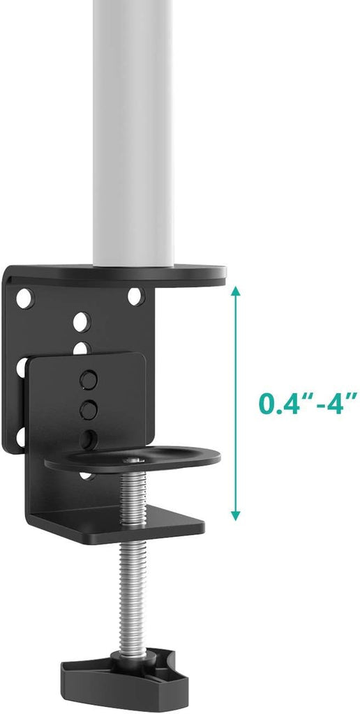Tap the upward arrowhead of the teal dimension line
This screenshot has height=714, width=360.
pos(236,291)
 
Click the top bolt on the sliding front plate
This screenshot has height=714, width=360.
pos(88,379)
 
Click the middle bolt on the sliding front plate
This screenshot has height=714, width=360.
pos(88,408)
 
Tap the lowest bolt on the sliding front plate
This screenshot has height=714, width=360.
pos(88,439)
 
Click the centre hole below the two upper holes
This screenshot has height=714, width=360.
pos(81,321)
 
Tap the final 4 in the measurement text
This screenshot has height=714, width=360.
pos(342,403)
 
